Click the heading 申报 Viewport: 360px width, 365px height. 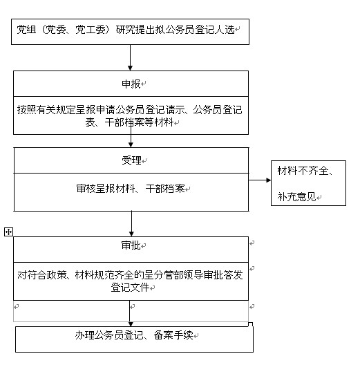131,84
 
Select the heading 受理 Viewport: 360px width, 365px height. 131,160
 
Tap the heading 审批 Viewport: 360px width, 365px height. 131,245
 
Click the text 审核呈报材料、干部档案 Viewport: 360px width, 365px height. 131,189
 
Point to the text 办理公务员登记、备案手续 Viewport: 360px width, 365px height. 134,335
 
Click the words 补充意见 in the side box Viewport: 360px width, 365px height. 296,197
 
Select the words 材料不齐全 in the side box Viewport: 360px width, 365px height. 303,171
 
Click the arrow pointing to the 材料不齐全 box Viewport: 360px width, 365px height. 260,180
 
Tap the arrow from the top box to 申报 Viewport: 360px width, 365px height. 130,57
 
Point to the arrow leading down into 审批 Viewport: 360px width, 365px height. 131,224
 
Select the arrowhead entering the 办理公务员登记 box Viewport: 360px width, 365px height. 131,324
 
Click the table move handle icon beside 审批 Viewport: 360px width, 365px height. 8,232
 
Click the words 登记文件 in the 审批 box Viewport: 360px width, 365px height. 130,288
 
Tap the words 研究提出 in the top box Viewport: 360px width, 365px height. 135,30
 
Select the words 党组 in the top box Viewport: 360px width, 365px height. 26,30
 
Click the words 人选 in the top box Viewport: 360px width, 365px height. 225,30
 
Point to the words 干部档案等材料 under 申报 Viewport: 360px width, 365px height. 139,122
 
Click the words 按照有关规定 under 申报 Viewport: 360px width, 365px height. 46,110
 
